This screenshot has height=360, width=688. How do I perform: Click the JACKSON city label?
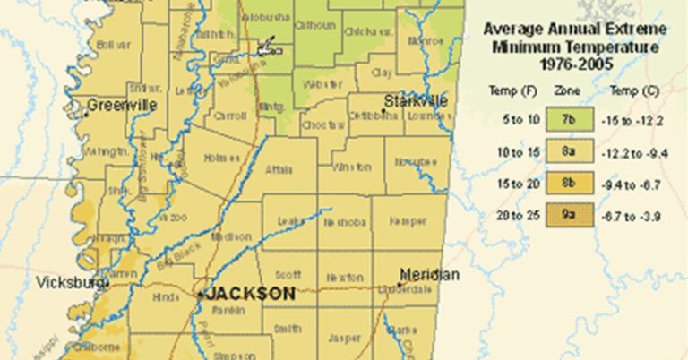pyautogui.click(x=251, y=294)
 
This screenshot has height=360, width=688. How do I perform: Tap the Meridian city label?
pyautogui.click(x=429, y=274)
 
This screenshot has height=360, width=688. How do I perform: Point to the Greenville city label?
pyautogui.click(x=121, y=105)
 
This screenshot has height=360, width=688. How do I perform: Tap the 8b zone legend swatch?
pyautogui.click(x=569, y=184)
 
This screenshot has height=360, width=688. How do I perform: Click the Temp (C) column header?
pyautogui.click(x=628, y=90)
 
